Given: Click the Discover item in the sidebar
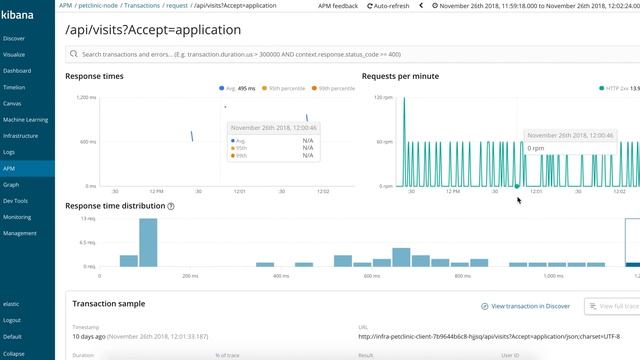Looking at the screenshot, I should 14,38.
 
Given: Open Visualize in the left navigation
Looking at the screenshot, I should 14,54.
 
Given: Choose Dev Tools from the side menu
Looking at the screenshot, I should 15,200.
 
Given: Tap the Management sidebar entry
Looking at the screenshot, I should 19,232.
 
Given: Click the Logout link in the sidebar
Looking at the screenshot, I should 12,320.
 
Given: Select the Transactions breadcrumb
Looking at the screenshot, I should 141,6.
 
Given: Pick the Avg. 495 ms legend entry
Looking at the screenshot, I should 240,89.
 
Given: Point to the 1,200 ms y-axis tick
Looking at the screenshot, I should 86,97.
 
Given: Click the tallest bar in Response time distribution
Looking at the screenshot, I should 148,242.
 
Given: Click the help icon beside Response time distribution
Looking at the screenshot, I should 171,206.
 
